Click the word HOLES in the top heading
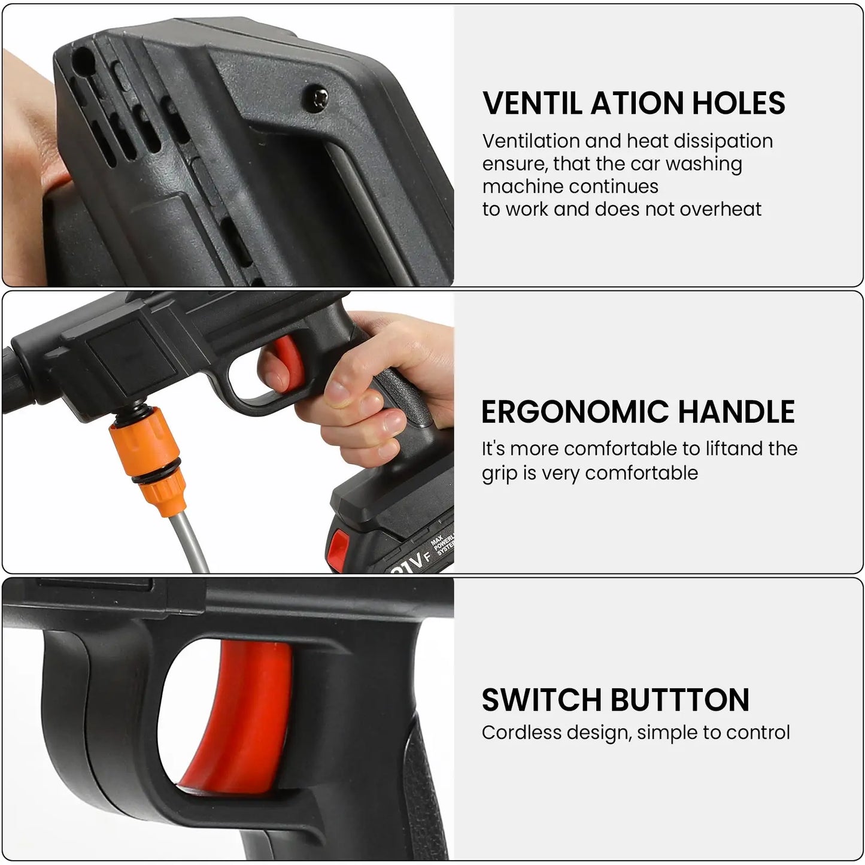coord(739,103)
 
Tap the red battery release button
coord(339,546)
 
